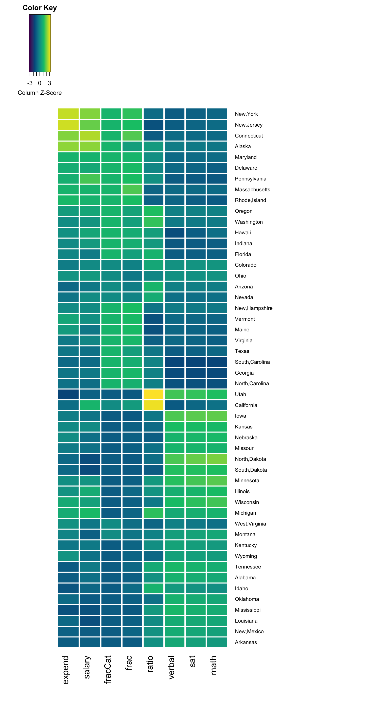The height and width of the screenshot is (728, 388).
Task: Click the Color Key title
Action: pyautogui.click(x=40, y=8)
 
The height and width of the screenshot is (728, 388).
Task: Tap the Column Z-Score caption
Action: pyautogui.click(x=40, y=93)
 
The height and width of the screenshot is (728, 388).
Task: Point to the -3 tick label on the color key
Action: pyautogui.click(x=30, y=83)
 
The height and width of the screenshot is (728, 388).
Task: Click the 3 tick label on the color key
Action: pyautogui.click(x=50, y=83)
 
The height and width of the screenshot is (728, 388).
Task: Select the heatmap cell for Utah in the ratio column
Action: pyautogui.click(x=153, y=394)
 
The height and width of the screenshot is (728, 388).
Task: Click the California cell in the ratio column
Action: pyautogui.click(x=153, y=405)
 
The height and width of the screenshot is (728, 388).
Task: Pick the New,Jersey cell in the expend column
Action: pyautogui.click(x=68, y=125)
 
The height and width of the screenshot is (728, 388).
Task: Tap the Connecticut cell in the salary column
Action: pyautogui.click(x=90, y=136)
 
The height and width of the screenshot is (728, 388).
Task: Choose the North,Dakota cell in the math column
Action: pyautogui.click(x=217, y=459)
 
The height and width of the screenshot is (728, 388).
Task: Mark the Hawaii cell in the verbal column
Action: pyautogui.click(x=175, y=233)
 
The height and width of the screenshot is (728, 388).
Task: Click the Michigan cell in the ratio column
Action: pyautogui.click(x=153, y=513)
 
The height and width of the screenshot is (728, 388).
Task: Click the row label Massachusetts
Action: pyautogui.click(x=252, y=190)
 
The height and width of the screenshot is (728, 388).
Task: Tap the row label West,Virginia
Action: pyautogui.click(x=250, y=524)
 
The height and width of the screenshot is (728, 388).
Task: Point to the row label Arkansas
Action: pyautogui.click(x=246, y=642)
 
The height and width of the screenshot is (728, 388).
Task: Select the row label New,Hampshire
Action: pyautogui.click(x=253, y=308)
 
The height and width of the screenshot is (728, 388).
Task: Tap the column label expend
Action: pyautogui.click(x=65, y=670)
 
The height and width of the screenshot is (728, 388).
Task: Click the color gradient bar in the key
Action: pyautogui.click(x=40, y=43)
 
